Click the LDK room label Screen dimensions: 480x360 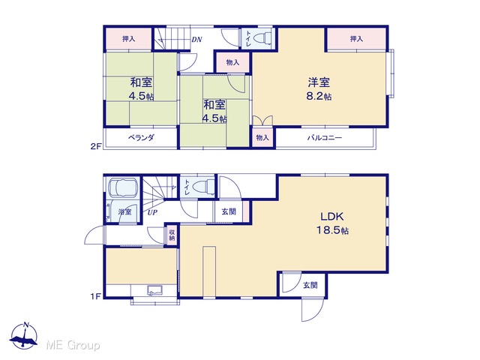click(332, 217)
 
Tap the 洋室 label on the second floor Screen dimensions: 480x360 click(319, 82)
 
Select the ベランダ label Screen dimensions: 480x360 click(141, 138)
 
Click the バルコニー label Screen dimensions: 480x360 click(325, 138)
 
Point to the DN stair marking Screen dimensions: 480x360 click(196, 40)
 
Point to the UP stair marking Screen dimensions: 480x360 click(152, 212)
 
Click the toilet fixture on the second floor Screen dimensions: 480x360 click(262, 38)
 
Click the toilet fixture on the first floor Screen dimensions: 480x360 click(203, 187)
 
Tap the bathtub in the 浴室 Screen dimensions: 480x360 click(123, 187)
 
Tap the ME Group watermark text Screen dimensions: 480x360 click(73, 345)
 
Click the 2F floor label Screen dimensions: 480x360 click(95, 146)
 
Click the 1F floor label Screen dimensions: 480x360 click(95, 296)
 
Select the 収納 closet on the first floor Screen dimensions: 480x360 click(172, 235)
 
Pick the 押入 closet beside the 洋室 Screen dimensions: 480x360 click(357, 38)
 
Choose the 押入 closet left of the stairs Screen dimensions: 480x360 click(128, 38)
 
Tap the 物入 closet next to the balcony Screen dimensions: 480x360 click(262, 138)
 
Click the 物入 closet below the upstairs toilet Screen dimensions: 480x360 click(232, 62)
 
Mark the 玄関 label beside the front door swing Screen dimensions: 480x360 click(310, 285)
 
